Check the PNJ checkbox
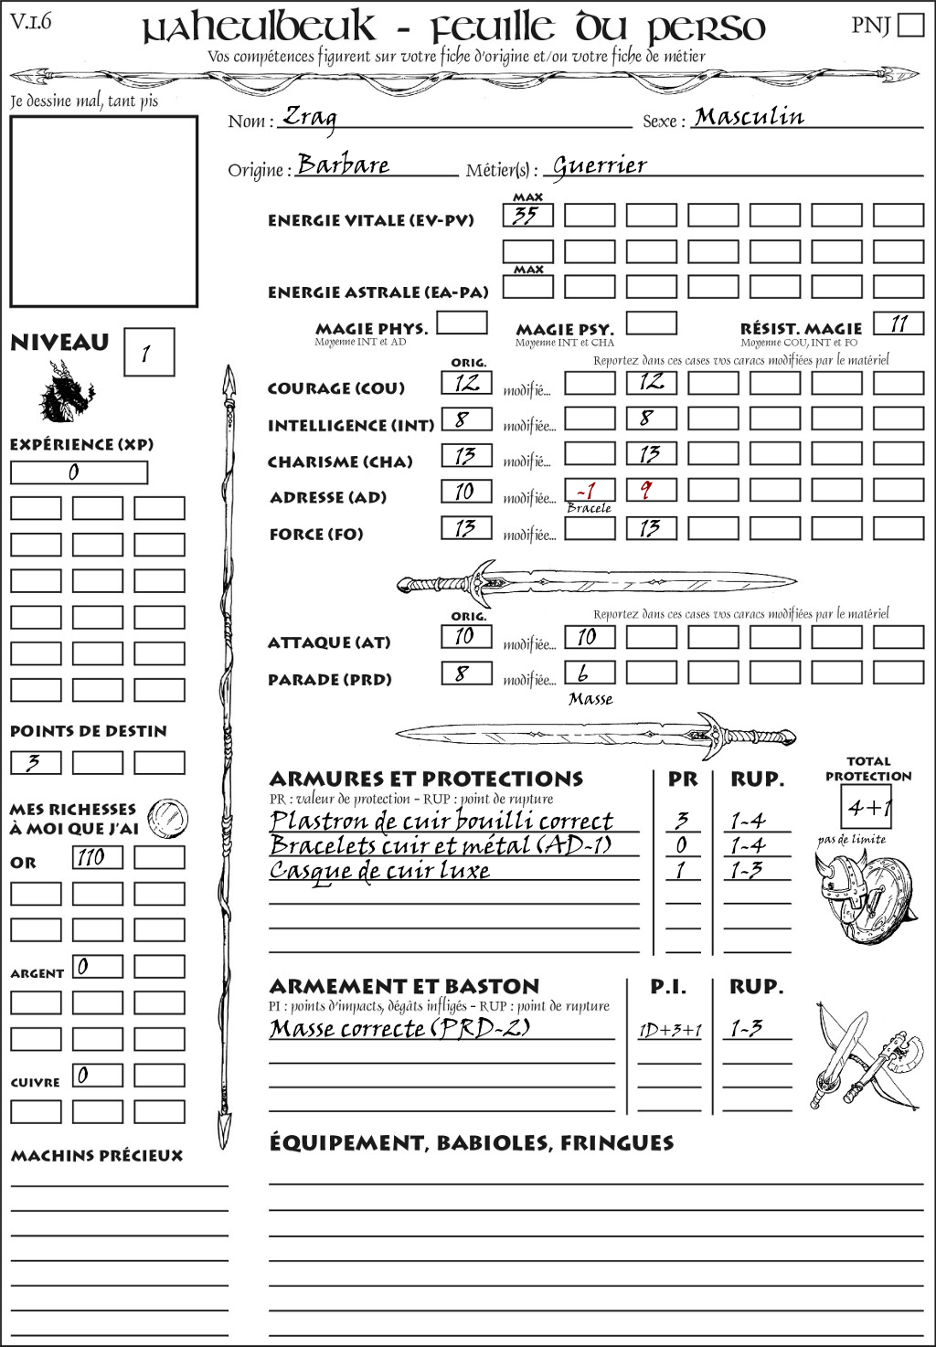click(910, 25)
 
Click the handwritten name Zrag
click(310, 117)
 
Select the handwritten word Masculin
click(749, 117)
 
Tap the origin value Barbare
click(344, 165)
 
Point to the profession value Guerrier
click(600, 166)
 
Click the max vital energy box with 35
click(527, 216)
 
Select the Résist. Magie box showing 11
click(899, 323)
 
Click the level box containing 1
click(148, 353)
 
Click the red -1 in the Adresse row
click(589, 491)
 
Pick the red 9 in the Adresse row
click(650, 491)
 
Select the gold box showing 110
click(97, 857)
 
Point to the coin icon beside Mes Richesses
click(168, 817)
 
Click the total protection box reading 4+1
click(866, 807)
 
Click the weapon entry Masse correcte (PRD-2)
click(399, 1028)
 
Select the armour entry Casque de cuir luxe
click(380, 870)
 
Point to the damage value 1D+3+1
click(669, 1031)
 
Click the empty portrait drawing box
click(104, 211)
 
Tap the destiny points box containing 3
click(36, 762)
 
